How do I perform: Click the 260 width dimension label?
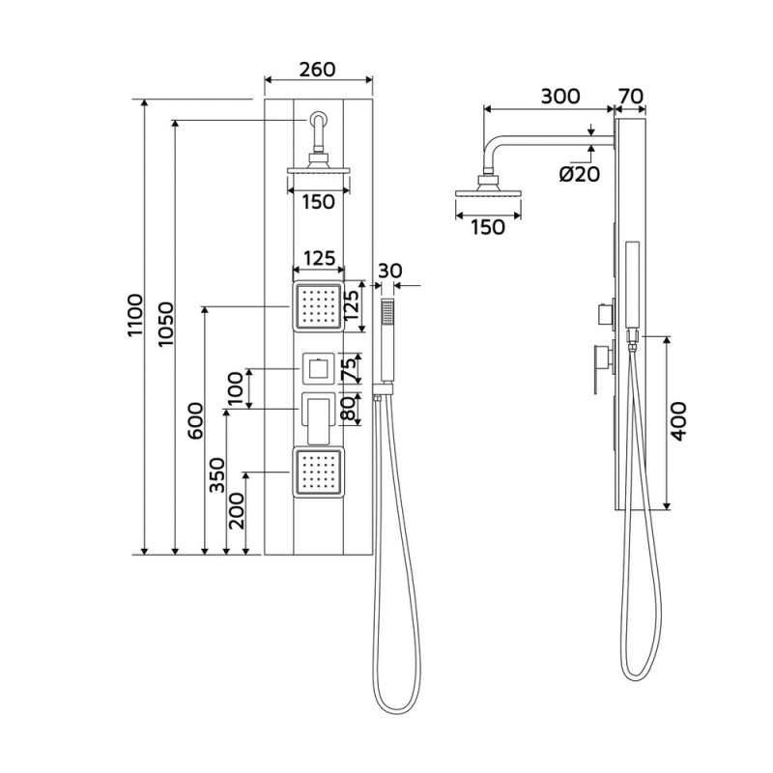(x=317, y=70)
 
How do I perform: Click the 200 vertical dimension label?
(x=238, y=508)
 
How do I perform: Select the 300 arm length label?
(x=559, y=97)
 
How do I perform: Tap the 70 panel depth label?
(x=630, y=97)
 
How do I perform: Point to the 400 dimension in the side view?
(x=679, y=421)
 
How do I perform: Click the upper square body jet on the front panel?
(x=318, y=305)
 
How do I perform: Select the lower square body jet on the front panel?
(x=318, y=472)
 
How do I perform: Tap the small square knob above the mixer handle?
(x=318, y=368)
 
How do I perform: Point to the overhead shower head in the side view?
(x=490, y=196)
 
